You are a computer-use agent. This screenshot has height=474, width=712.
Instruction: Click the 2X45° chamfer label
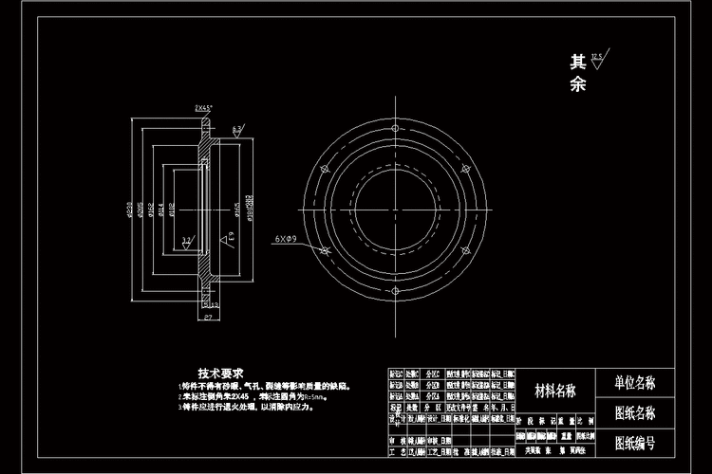pyautogui.click(x=203, y=108)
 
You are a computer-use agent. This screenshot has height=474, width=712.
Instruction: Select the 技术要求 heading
pyautogui.click(x=221, y=373)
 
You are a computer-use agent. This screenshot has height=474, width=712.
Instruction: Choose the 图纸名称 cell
pyautogui.click(x=635, y=413)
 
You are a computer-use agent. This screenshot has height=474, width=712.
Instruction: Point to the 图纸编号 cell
pyautogui.click(x=635, y=442)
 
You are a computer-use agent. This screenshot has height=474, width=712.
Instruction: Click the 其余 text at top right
pyautogui.click(x=578, y=74)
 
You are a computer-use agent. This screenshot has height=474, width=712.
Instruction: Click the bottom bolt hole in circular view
pyautogui.click(x=392, y=290)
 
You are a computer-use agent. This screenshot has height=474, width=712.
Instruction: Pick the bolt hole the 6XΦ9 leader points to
pyautogui.click(x=324, y=251)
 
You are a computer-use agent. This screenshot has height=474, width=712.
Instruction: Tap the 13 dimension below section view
pyautogui.click(x=215, y=304)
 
